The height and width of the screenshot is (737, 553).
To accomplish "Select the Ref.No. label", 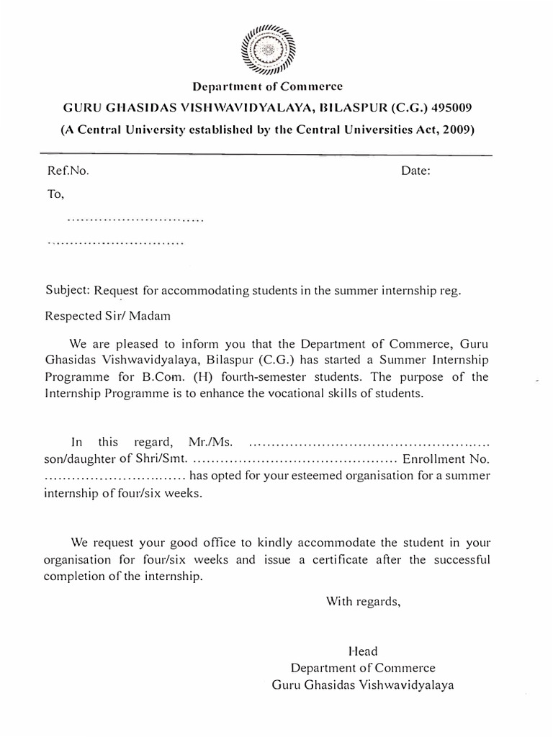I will [67, 171].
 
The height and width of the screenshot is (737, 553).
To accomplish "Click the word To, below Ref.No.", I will [55, 194].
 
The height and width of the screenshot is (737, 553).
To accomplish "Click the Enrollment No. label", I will [446, 458].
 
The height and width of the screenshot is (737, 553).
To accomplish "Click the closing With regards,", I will [362, 601].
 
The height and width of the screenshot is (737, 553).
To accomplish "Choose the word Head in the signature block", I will [362, 651].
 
